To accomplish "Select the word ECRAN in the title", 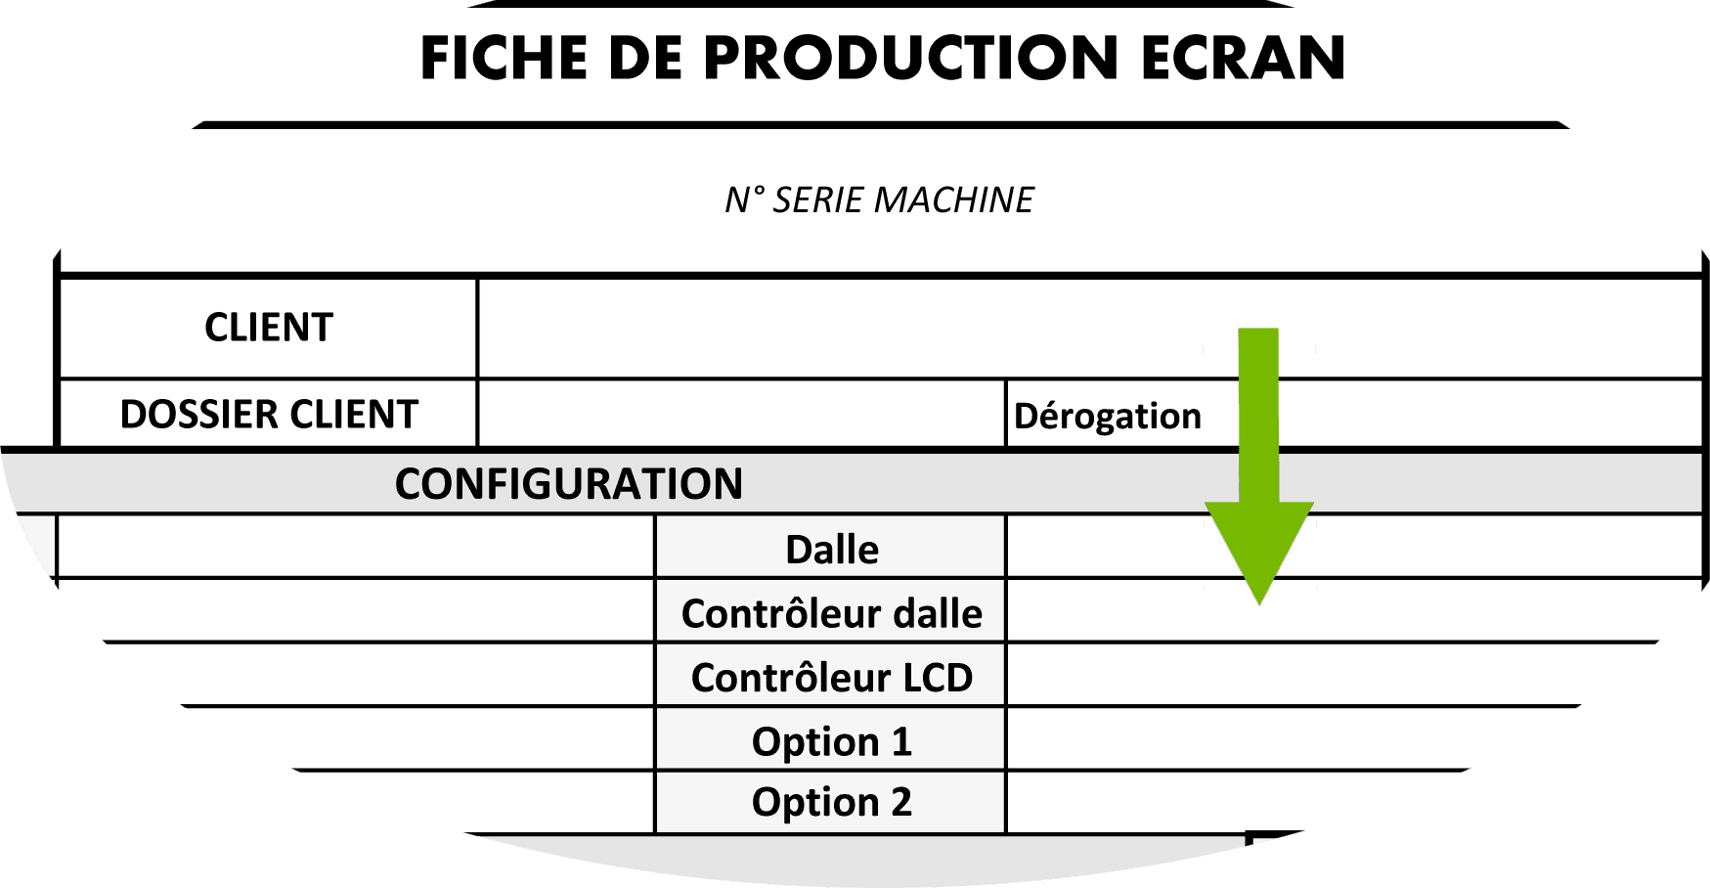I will [1243, 58].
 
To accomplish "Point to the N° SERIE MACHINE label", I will [879, 200].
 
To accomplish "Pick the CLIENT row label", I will [269, 328].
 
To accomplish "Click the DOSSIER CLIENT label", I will [269, 415].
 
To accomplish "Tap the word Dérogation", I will [1107, 417].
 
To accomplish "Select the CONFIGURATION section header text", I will [568, 484].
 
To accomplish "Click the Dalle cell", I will [831, 550].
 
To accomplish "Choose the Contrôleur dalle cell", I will [831, 613].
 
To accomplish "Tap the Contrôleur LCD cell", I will [831, 678].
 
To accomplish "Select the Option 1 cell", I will [831, 741].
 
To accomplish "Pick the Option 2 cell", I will [831, 803].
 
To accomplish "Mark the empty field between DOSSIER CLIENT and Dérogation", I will [741, 415].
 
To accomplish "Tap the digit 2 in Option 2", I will [900, 803].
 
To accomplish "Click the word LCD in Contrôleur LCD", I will [937, 678].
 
